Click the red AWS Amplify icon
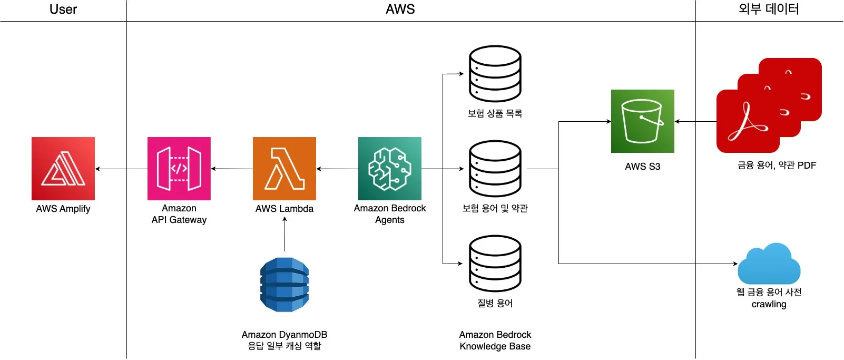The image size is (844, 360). [63, 169]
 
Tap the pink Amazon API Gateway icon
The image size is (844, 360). [179, 169]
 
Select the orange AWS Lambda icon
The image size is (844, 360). [284, 169]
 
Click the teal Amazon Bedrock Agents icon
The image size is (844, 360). [389, 169]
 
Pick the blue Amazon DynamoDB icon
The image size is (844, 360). [284, 285]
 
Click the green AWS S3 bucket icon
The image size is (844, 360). [642, 121]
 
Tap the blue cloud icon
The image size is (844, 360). [769, 264]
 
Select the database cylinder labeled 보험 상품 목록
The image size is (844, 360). [495, 73]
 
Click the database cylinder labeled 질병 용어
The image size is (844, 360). [495, 264]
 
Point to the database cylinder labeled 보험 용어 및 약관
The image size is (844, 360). [495, 169]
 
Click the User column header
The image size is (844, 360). [63, 9]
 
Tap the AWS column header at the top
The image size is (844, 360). [400, 9]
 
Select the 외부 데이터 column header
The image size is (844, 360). [769, 8]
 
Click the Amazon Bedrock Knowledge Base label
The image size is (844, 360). [495, 340]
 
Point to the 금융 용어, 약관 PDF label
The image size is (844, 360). [777, 165]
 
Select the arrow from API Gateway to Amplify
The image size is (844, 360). [121, 169]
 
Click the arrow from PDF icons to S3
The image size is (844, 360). [695, 121]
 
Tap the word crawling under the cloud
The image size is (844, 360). [769, 304]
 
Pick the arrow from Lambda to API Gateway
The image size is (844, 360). [232, 169]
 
